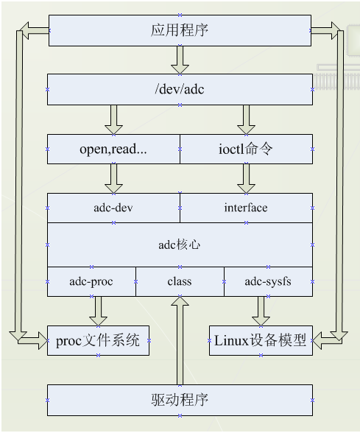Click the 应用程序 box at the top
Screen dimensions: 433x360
(180, 30)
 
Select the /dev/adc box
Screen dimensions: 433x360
(180, 89)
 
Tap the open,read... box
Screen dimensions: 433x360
(113, 149)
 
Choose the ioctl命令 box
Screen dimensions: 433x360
(246, 149)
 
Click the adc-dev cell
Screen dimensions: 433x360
(113, 208)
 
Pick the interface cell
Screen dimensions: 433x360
(246, 208)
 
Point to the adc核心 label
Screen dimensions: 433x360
(180, 244)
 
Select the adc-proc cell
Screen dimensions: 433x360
(91, 281)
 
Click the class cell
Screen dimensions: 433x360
(180, 281)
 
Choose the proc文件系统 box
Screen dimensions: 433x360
(99, 340)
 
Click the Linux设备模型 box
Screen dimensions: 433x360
(261, 340)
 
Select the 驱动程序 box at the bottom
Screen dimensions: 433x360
(180, 400)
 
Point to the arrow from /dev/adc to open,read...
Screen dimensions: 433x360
(113, 119)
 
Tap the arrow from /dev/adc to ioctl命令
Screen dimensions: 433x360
(246, 119)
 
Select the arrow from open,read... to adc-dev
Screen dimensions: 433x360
(113, 177)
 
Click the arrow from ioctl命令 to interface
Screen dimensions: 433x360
(246, 177)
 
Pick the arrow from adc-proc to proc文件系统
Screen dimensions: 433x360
(97, 310)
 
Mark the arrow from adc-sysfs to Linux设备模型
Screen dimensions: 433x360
(261, 310)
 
